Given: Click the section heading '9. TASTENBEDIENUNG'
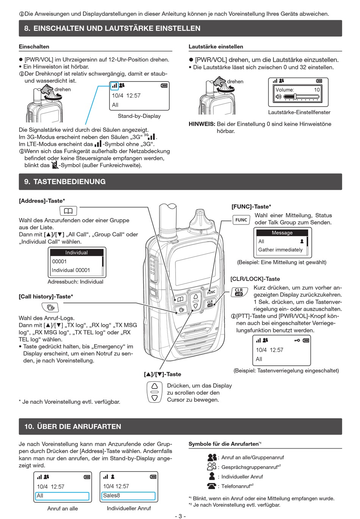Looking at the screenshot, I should pos(65,182).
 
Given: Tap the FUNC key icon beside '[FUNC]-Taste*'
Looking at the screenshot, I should pos(241,220).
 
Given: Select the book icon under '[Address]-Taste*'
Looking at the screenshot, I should pos(68,211).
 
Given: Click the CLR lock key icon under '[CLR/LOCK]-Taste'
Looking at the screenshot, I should pos(239,292).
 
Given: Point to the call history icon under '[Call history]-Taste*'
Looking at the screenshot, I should pos(50,307).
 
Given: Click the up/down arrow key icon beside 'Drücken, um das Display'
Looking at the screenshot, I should pos(155,392).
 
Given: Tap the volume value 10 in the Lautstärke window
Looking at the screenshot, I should pos(317,90).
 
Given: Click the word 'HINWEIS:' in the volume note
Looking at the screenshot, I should pos(202,124).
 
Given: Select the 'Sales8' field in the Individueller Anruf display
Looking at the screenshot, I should pos(128,495).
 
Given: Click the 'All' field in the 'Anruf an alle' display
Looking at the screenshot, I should pos(62,496).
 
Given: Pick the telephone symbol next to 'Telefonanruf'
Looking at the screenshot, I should pos(211,486).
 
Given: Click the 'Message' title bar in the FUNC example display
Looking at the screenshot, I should pos(282,233).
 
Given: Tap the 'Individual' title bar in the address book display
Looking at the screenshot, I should pos(77,252).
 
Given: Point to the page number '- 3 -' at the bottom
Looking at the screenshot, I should pos(180,516).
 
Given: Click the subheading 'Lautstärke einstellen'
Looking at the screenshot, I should pos(216,47).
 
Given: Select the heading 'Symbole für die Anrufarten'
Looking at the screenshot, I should pos(224,444).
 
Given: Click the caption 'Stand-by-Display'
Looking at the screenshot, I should pos(139,116).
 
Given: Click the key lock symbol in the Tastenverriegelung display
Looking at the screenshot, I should pos(297,340).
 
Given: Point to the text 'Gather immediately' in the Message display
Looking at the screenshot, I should pos(280,250).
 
